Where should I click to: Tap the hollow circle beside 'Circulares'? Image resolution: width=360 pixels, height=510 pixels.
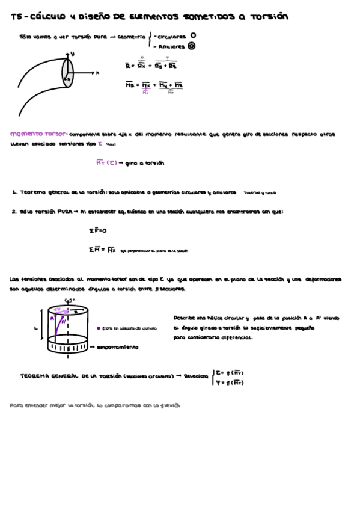click(x=192, y=35)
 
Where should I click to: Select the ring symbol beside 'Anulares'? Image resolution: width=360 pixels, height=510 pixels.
click(x=192, y=45)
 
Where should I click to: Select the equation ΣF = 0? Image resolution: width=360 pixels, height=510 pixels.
click(x=97, y=230)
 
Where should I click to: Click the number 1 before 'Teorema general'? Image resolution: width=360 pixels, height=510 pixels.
click(x=13, y=192)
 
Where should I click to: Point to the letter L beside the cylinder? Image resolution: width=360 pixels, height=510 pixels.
click(x=36, y=328)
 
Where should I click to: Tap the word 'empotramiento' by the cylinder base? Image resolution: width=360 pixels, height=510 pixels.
click(x=117, y=347)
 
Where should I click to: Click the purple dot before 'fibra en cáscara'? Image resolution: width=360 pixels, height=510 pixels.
click(x=98, y=328)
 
